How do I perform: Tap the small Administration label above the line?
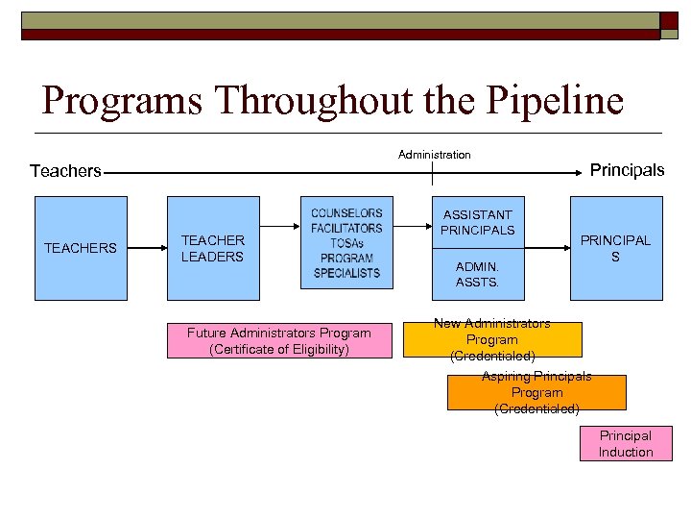[434, 154]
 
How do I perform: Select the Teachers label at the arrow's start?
[65, 171]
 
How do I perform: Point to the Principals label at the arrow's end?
[626, 170]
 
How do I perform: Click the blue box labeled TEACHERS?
[81, 248]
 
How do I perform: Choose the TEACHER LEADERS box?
[213, 248]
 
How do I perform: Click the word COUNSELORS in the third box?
[346, 213]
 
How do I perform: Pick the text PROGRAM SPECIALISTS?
[346, 265]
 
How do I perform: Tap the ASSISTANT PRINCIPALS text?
[477, 222]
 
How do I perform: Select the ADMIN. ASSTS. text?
[477, 274]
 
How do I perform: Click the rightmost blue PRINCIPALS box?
[616, 248]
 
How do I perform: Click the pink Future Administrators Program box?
[279, 341]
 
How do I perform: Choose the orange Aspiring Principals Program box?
[536, 392]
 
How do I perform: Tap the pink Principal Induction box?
[626, 444]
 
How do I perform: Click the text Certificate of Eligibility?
[279, 350]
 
